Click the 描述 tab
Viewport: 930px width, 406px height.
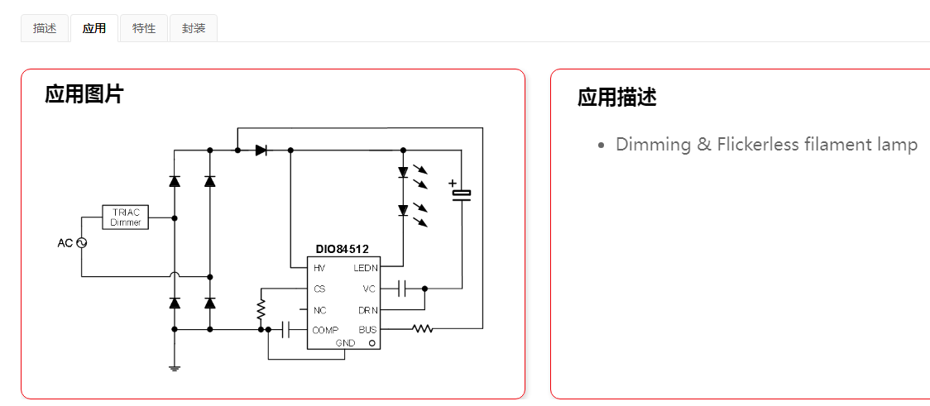coord(45,28)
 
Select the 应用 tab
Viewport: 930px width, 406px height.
coord(94,28)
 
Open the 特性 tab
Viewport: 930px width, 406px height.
coord(144,28)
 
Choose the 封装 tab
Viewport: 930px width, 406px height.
coord(194,28)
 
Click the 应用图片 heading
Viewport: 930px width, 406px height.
coord(84,94)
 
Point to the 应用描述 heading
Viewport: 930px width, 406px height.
coord(616,98)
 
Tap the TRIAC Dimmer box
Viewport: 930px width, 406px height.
coord(126,217)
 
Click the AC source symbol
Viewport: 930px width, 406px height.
coord(82,243)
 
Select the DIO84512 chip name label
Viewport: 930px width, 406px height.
coord(342,249)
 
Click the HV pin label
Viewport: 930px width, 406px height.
coord(319,268)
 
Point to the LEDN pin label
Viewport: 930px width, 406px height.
coord(365,268)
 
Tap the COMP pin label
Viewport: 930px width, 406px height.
coord(325,330)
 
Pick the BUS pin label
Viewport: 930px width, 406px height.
coord(367,330)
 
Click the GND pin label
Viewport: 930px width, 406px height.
coord(345,342)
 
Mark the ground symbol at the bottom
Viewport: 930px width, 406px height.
coord(175,367)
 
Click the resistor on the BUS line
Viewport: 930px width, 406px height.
coord(423,329)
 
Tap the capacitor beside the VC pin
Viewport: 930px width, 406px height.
coord(403,289)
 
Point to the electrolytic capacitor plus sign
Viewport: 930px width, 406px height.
coord(452,183)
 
